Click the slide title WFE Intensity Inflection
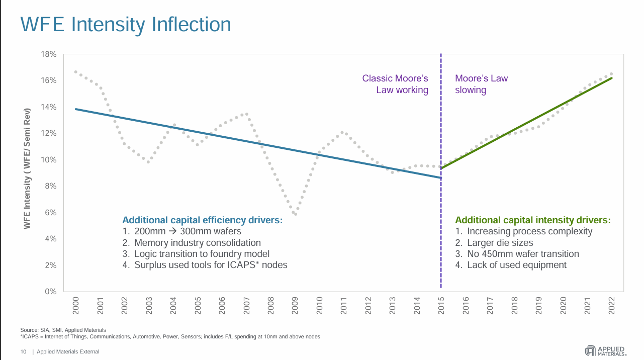pyautogui.click(x=125, y=25)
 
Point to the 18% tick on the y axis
pyautogui.click(x=48, y=54)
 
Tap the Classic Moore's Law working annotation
pyautogui.click(x=395, y=84)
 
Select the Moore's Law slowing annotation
pyautogui.click(x=481, y=84)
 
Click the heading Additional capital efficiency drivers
pyautogui.click(x=202, y=220)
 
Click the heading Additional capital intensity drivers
pyautogui.click(x=533, y=220)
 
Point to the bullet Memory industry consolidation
pyautogui.click(x=198, y=242)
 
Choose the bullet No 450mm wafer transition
pyautogui.click(x=523, y=254)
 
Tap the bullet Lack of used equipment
pyautogui.click(x=516, y=265)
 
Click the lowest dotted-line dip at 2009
pyautogui.click(x=296, y=214)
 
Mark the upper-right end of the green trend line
pyautogui.click(x=611, y=78)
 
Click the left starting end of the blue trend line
pyautogui.click(x=75, y=109)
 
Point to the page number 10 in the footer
pyautogui.click(x=23, y=351)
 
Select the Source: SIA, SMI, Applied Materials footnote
pyautogui.click(x=63, y=330)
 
